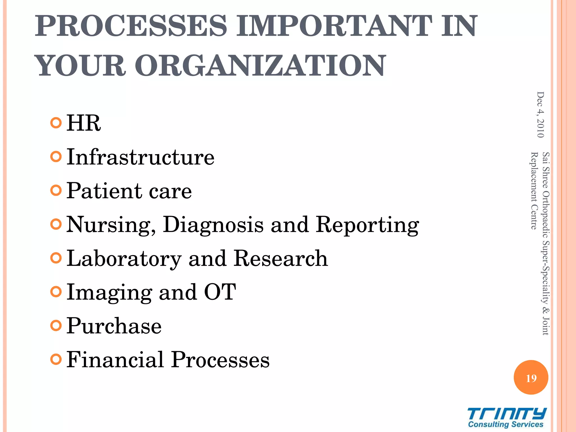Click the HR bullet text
pos(84,123)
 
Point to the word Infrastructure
pos(140,157)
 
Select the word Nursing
pos(111,225)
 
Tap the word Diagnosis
pos(213,224)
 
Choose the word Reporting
pos(367,225)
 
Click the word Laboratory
pos(124,259)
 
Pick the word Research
pos(281,258)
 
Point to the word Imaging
pos(109,292)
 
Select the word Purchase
pos(114,326)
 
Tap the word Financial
pos(115,359)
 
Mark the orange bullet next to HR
pos(56,123)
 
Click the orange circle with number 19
pos(531,377)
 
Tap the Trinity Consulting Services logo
pos(506,418)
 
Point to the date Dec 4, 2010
pos(540,115)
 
